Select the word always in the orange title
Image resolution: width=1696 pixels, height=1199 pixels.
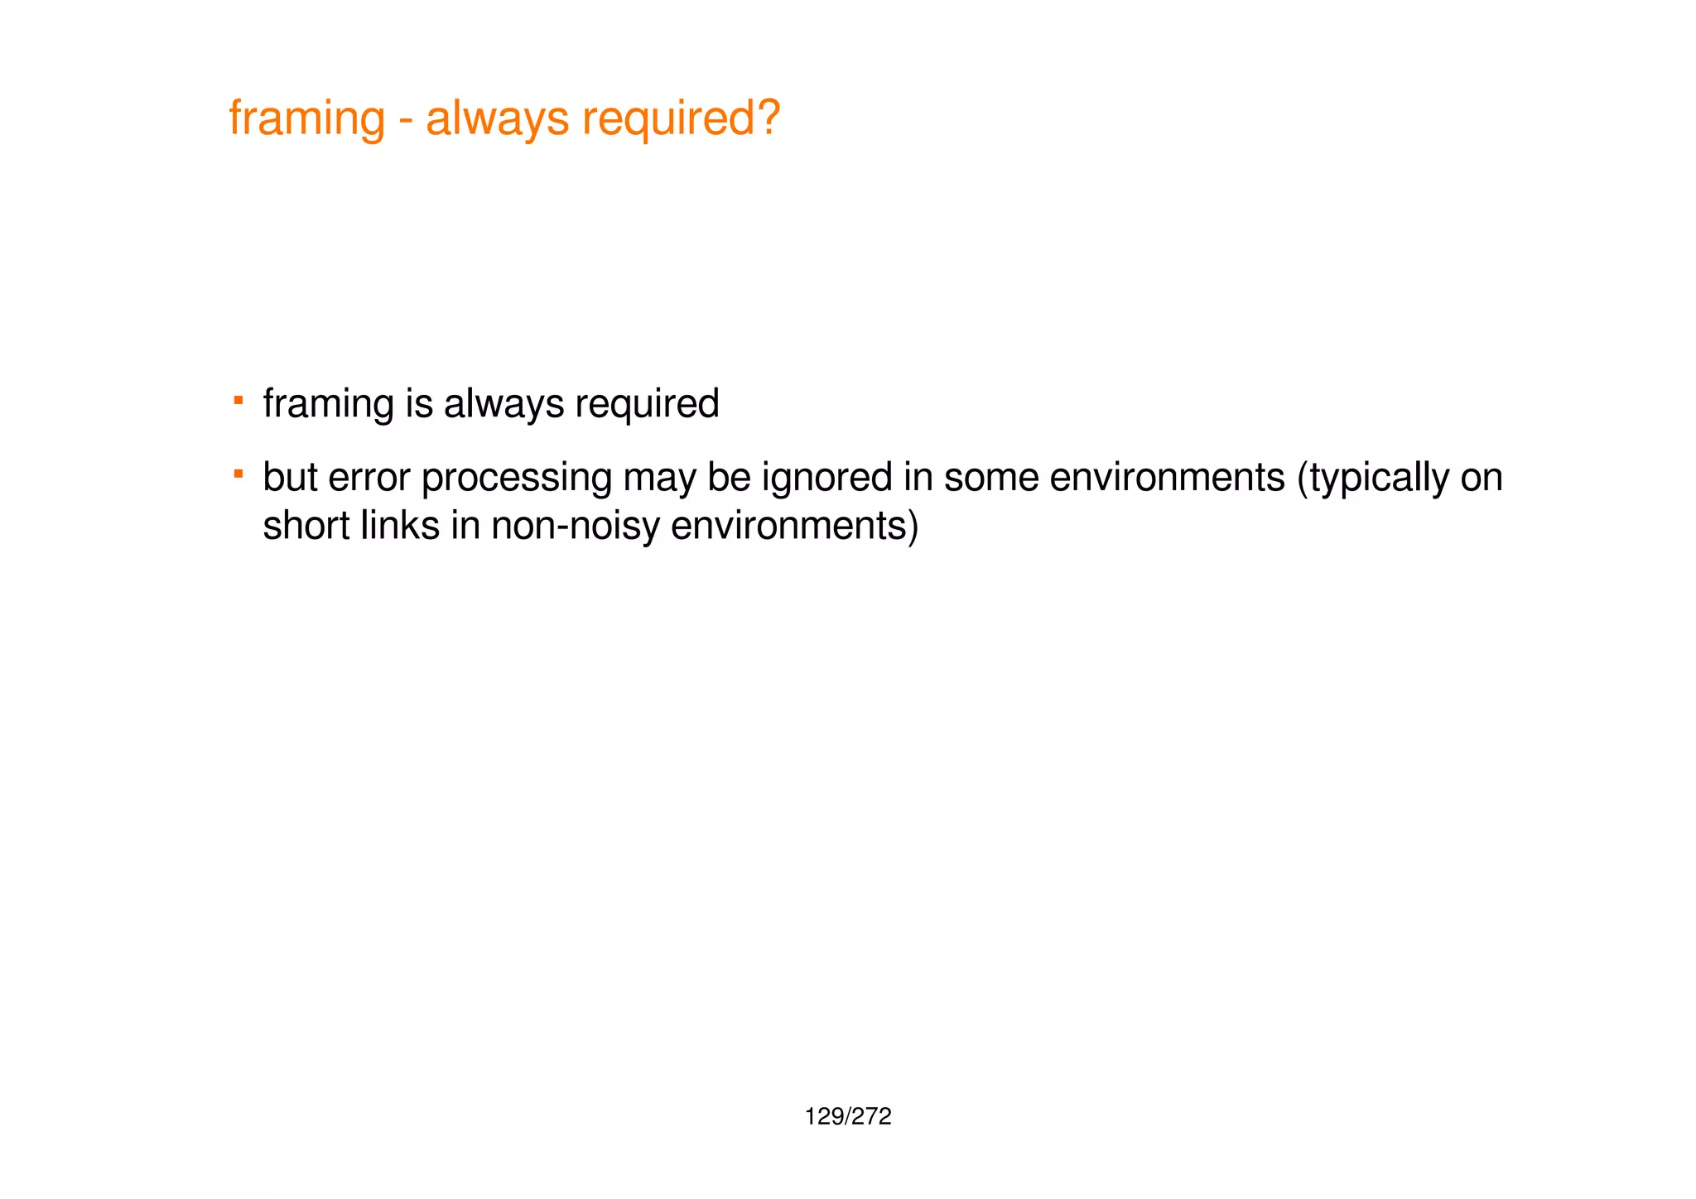pos(497,119)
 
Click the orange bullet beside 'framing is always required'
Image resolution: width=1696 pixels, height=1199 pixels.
pos(238,401)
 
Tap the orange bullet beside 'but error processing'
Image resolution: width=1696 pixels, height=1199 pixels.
pos(238,474)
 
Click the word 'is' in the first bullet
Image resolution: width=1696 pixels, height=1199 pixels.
pos(419,404)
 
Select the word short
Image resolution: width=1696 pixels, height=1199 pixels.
pos(306,526)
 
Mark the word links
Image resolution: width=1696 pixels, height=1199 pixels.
pos(400,526)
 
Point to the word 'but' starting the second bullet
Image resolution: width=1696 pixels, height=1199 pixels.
pos(290,478)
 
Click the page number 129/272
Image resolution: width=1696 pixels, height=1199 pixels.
pos(848,1117)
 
